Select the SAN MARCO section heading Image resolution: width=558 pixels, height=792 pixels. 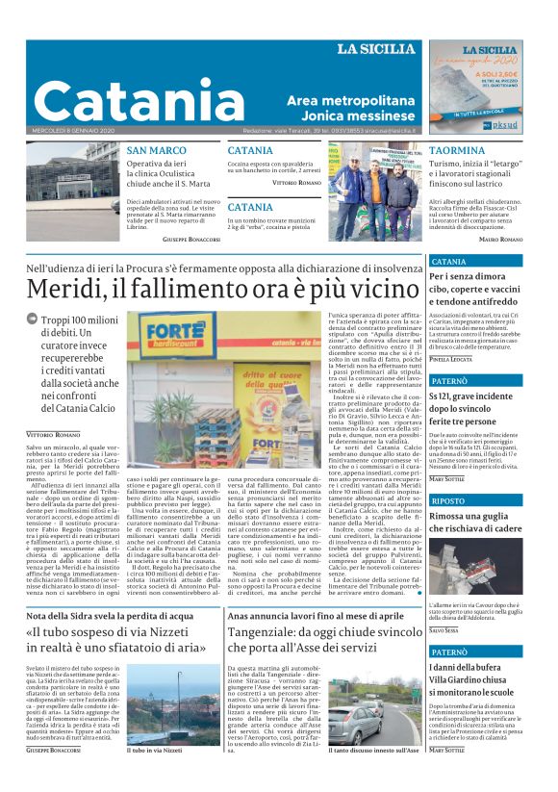[x=156, y=151]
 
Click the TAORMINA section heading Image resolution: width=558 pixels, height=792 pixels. [x=457, y=151]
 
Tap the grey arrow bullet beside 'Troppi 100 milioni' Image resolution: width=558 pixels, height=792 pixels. [x=32, y=319]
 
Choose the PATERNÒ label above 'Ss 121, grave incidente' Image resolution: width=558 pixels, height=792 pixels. [x=453, y=381]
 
